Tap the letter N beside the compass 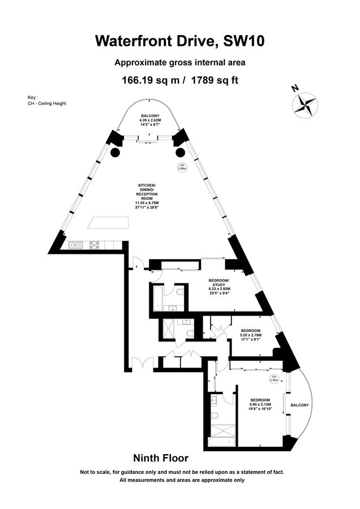(294, 88)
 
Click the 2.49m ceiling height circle (182, 167)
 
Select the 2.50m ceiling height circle (273, 378)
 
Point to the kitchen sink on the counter (75, 245)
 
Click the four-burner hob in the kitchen (94, 245)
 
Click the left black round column (115, 152)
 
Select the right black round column (180, 152)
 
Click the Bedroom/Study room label (218, 284)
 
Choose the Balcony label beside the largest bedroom (300, 406)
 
